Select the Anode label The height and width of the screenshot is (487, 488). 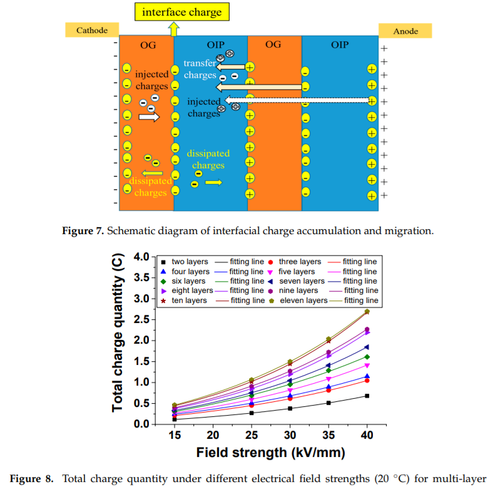pyautogui.click(x=405, y=31)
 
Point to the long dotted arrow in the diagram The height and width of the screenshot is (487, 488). pyautogui.click(x=300, y=100)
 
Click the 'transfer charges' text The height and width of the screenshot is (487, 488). pyautogui.click(x=200, y=69)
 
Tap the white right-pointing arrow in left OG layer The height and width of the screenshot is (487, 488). pyautogui.click(x=149, y=117)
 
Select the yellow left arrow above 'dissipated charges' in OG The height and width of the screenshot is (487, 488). pyautogui.click(x=152, y=173)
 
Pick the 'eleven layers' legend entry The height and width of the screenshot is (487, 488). pyautogui.click(x=303, y=300)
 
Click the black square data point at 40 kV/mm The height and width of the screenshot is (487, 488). pyautogui.click(x=367, y=396)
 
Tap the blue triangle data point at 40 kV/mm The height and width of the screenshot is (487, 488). pyautogui.click(x=367, y=376)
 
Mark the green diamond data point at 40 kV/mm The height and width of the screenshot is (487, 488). pyautogui.click(x=367, y=357)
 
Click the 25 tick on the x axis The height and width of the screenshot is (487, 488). pyautogui.click(x=252, y=436)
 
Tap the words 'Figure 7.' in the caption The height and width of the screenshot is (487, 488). pyautogui.click(x=83, y=231)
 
